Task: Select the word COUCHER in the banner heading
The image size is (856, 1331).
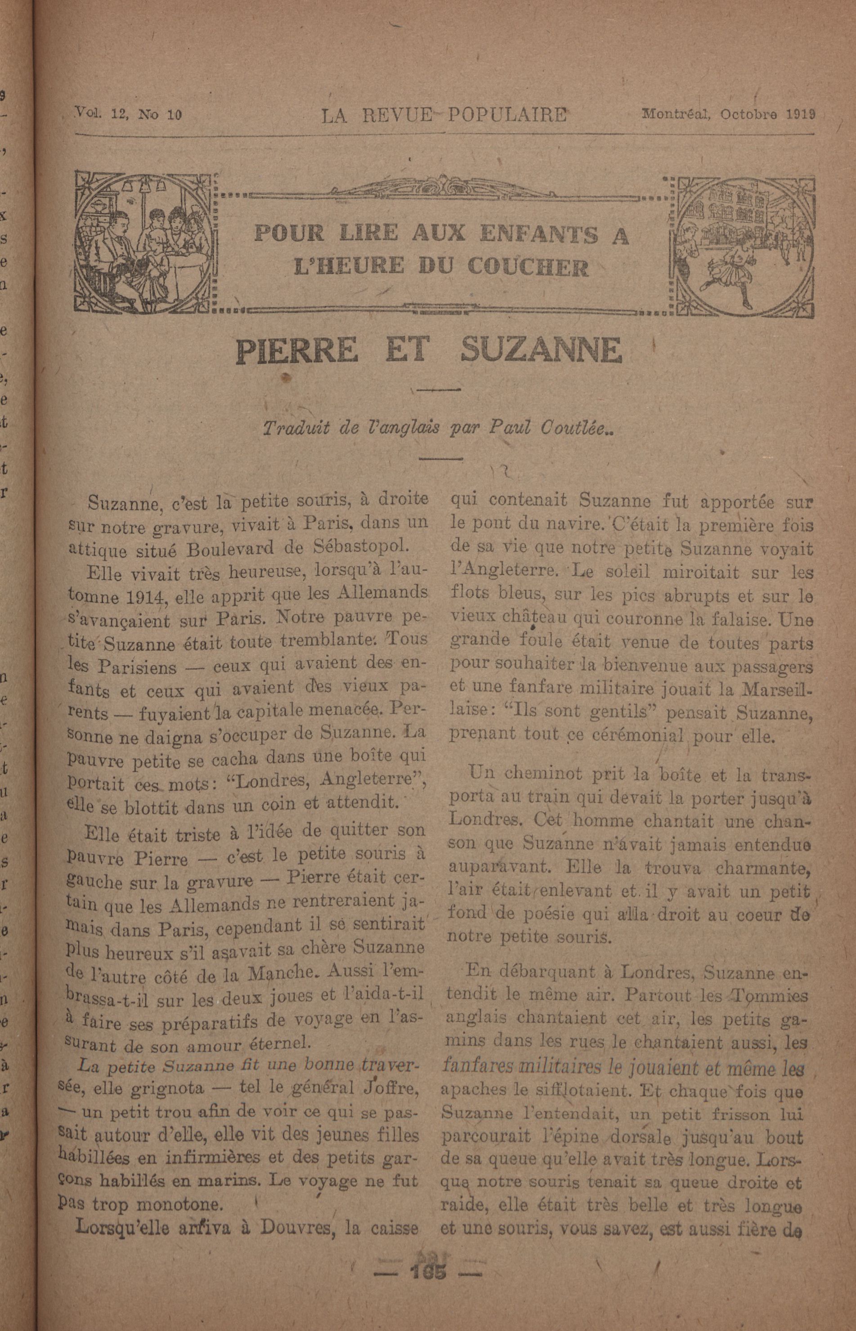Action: (x=529, y=268)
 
